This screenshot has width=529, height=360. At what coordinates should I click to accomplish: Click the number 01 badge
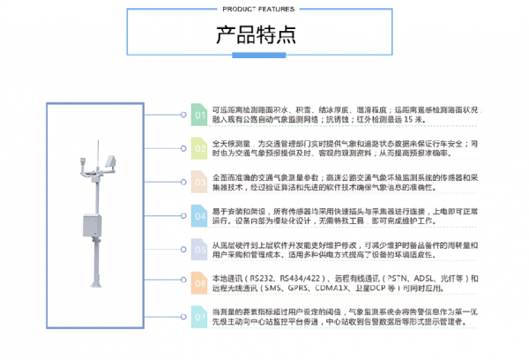(x=199, y=116)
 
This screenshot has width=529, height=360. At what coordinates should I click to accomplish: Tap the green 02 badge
(x=199, y=146)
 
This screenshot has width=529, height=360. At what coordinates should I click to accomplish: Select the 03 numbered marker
(x=199, y=182)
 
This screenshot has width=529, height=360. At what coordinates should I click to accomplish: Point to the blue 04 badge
(x=199, y=215)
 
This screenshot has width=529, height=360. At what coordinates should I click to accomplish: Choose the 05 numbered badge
(x=199, y=249)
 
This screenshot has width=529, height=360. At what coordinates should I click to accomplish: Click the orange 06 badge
(x=199, y=282)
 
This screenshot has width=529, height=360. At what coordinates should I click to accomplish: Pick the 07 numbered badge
(x=199, y=316)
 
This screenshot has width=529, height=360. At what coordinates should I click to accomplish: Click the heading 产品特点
(x=256, y=36)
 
